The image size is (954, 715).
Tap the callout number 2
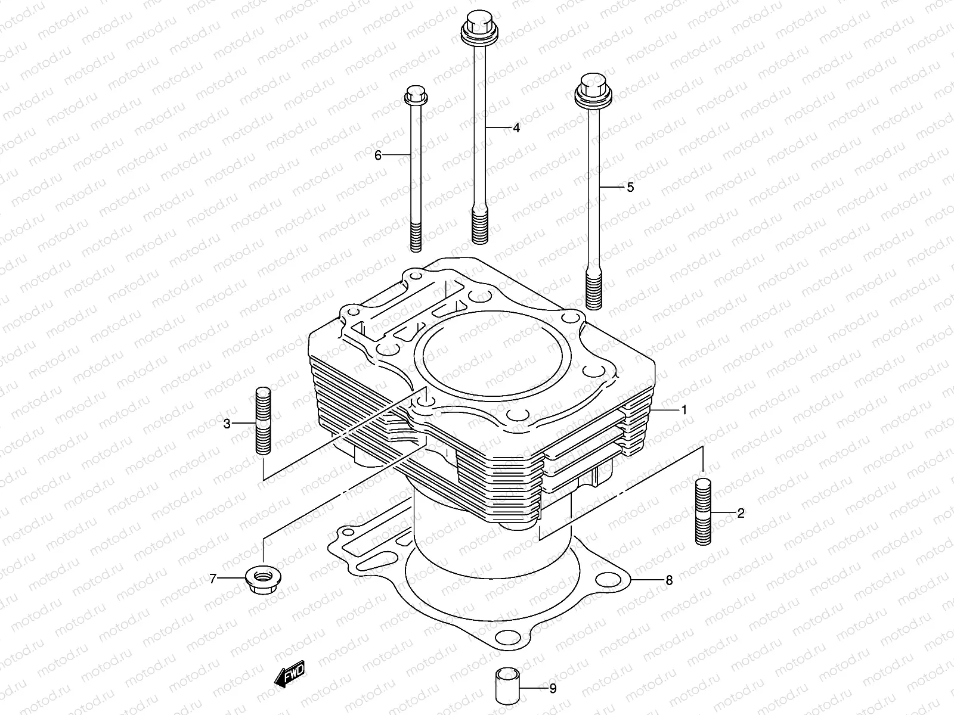(741, 513)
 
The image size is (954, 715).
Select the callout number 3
(227, 424)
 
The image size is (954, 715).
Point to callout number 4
(516, 128)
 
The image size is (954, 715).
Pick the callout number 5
(630, 187)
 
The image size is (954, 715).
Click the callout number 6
(377, 156)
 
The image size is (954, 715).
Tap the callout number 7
(212, 579)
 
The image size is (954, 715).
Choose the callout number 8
(669, 580)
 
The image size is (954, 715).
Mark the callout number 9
(553, 689)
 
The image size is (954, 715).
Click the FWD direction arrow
(289, 674)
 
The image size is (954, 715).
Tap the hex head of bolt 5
(589, 88)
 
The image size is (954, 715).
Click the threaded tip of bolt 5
(593, 291)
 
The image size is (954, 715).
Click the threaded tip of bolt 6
(416, 237)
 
